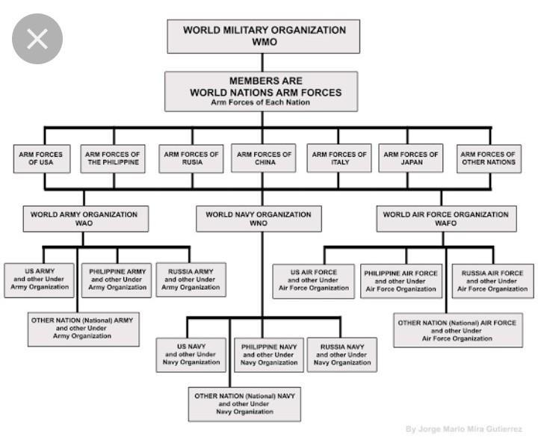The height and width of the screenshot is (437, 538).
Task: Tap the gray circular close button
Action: pos(37,39)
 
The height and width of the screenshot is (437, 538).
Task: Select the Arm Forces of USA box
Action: pos(41,158)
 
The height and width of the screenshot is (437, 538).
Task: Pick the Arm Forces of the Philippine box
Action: pos(112,158)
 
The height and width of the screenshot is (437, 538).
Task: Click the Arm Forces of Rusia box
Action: pos(191,158)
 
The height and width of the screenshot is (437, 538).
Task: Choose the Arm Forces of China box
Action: pos(264,158)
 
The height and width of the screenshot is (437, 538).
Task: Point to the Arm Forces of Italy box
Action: pos(339,158)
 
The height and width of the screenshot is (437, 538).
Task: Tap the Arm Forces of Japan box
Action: pos(411,158)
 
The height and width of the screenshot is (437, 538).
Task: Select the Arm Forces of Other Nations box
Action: pos(489,158)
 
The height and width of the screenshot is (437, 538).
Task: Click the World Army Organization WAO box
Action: pos(84,218)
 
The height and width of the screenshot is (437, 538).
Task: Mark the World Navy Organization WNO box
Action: pos(259,218)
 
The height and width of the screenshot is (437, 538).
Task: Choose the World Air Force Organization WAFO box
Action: pos(447,218)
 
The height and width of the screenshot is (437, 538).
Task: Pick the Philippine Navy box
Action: pos(269,355)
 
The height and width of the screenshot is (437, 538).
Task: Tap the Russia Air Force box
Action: pos(492,280)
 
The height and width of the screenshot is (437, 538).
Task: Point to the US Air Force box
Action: pos(314,280)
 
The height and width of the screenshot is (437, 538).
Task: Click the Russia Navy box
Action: pos(342,355)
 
